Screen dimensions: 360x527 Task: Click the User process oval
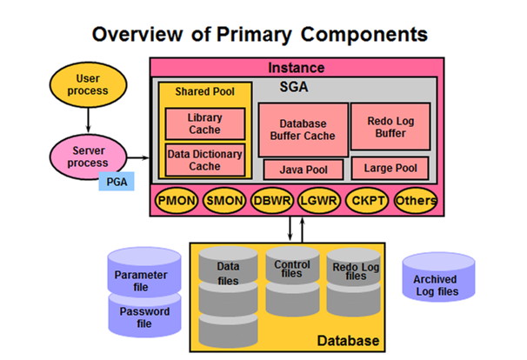pyautogui.click(x=88, y=83)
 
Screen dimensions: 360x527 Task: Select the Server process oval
pyautogui.click(x=88, y=156)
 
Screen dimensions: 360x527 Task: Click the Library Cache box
pyautogui.click(x=204, y=123)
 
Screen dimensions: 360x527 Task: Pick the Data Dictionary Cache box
pyautogui.click(x=204, y=160)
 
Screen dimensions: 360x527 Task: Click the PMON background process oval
pyautogui.click(x=177, y=201)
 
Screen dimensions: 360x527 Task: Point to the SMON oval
pyautogui.click(x=224, y=201)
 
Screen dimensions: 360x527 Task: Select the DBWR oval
pyautogui.click(x=272, y=201)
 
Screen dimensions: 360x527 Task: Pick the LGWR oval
pyautogui.click(x=319, y=201)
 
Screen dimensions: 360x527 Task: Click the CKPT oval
pyautogui.click(x=368, y=201)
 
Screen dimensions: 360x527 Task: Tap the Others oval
pyautogui.click(x=415, y=201)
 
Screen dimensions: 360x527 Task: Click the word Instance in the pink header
pyautogui.click(x=296, y=67)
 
